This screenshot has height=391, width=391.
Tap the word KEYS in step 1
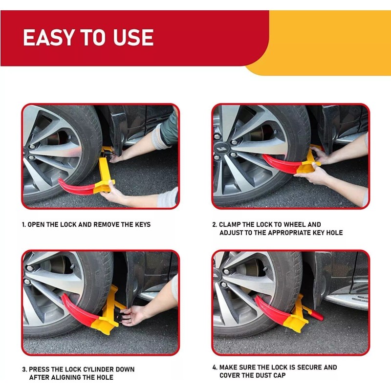tap(141, 225)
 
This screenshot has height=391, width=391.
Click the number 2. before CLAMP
tap(215, 225)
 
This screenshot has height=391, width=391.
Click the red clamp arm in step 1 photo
tap(76, 187)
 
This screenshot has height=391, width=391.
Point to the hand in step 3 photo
tap(134, 315)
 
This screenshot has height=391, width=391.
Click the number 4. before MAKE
tap(215, 368)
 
